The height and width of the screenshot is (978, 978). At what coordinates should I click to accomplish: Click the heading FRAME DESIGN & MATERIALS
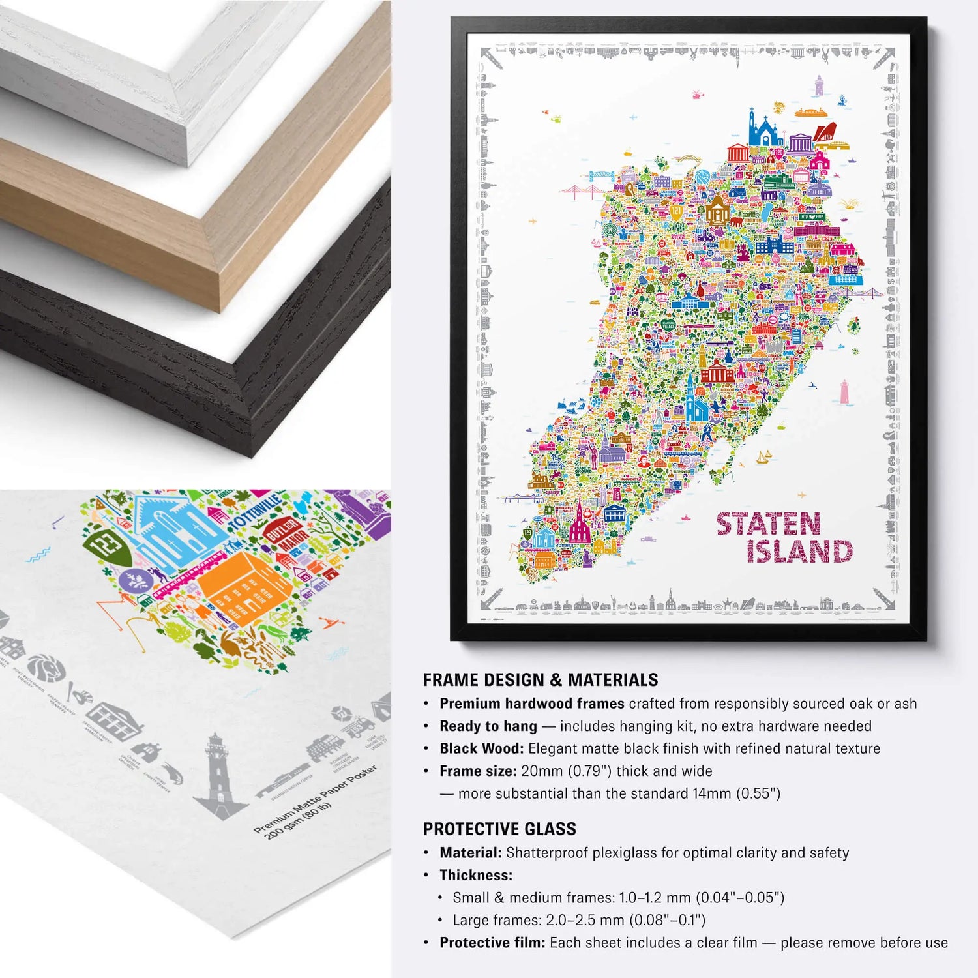[540, 680]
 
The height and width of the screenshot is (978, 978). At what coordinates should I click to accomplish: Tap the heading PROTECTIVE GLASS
[499, 829]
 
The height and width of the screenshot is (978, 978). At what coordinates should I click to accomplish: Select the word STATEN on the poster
[768, 524]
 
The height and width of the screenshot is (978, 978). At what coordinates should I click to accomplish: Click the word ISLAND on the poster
[799, 552]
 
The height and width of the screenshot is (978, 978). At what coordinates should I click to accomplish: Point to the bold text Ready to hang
[488, 726]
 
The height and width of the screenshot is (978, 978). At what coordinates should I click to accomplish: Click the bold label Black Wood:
[482, 748]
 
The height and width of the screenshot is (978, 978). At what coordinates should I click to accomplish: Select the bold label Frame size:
[478, 771]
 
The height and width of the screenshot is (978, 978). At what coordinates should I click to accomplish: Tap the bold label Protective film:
[492, 943]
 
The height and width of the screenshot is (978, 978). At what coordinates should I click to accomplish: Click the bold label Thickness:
[476, 875]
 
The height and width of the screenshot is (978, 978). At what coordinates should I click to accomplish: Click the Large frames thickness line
[579, 920]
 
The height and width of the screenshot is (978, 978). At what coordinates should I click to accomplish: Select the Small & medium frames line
[618, 898]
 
